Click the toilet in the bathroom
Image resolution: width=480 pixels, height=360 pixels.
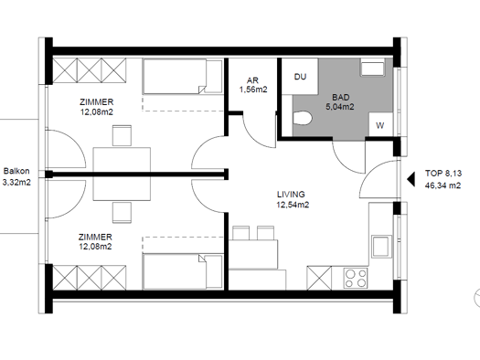tap(302, 119)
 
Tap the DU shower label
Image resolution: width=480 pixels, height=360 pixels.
tap(300, 77)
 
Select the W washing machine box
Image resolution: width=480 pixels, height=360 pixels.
tap(380, 124)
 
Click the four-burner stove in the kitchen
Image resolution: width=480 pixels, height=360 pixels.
tap(356, 278)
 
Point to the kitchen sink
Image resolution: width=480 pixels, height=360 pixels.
tap(382, 247)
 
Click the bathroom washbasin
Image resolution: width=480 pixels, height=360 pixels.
tap(372, 68)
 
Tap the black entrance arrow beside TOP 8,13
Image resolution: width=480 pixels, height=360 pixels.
tap(411, 179)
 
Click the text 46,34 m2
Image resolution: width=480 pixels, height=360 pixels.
tap(443, 185)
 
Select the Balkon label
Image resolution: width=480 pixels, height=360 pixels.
tap(16, 171)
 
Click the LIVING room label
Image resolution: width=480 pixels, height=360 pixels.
tap(291, 195)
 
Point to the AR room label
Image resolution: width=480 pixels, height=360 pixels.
tap(253, 80)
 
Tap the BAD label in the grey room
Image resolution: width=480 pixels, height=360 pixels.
tap(340, 97)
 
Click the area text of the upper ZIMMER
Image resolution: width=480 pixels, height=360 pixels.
tap(96, 112)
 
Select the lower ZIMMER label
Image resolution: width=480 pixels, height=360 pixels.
tap(95, 237)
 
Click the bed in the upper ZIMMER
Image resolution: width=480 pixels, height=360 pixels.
tap(183, 77)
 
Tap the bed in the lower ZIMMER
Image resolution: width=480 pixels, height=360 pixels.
tap(183, 271)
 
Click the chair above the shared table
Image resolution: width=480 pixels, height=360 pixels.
tap(122, 135)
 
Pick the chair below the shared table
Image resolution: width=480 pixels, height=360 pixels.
tap(122, 212)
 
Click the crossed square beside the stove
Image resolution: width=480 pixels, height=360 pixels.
tap(319, 278)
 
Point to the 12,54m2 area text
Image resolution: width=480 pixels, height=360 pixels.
tap(293, 205)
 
